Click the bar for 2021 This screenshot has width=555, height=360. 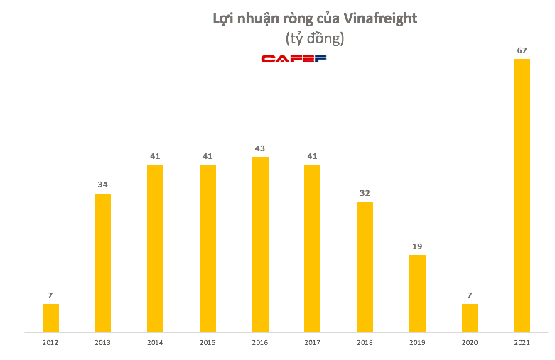pos(522,195)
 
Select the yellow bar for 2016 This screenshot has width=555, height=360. pos(260,244)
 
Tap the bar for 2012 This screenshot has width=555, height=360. pos(50,317)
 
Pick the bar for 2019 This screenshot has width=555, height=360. pos(417,293)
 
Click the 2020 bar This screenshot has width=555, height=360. pos(470,317)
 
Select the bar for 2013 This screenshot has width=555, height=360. pos(102,263)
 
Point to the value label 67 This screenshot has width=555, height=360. pos(522,50)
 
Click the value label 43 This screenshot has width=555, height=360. pos(260,148)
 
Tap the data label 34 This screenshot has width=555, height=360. pos(102,185)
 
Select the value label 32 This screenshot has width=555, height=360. pos(365,192)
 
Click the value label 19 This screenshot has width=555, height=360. pos(417,246)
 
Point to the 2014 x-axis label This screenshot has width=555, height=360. pos(155,342)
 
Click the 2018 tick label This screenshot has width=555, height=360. pos(365,342)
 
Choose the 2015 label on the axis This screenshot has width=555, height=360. pos(208,342)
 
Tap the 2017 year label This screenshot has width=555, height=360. pos(312,342)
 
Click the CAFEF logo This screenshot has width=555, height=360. pos(293,58)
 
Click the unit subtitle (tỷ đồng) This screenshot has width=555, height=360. pos(314,38)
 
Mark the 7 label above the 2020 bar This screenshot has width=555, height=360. pos(470,295)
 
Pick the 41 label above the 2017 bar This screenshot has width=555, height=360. pos(312,156)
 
